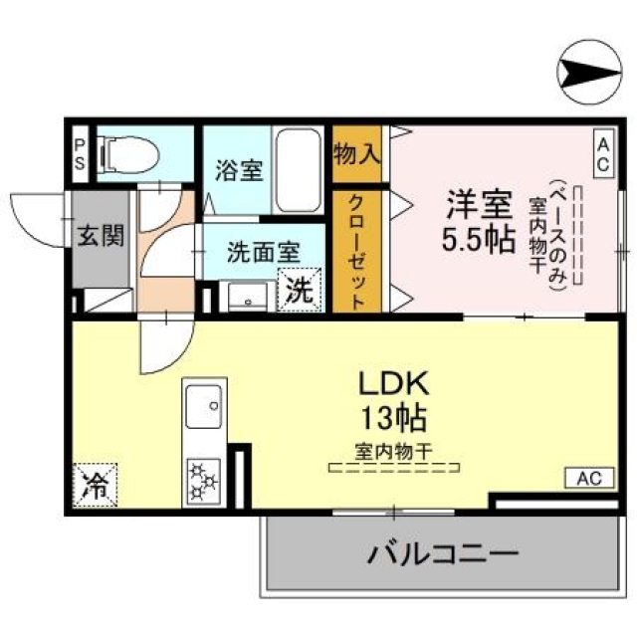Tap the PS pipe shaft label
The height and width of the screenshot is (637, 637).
pos(79,154)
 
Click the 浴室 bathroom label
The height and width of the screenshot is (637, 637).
pos(239,170)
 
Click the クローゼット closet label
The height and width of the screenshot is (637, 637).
pos(356,249)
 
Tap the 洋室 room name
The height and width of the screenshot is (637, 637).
pos(478,206)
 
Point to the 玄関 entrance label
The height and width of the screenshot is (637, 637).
pos(102,237)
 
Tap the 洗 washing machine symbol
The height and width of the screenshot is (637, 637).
pos(299,291)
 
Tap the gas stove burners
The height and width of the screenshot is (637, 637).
pos(206,479)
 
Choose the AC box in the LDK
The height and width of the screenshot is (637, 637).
pos(587,478)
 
